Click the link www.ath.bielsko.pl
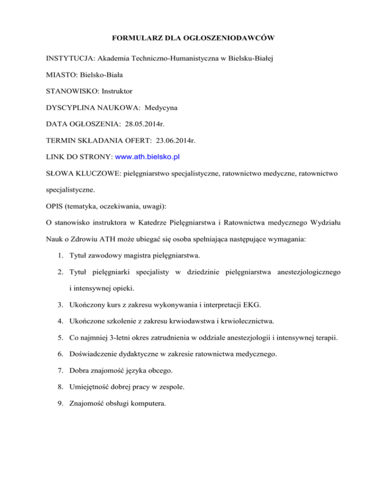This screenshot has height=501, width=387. [148, 157]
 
